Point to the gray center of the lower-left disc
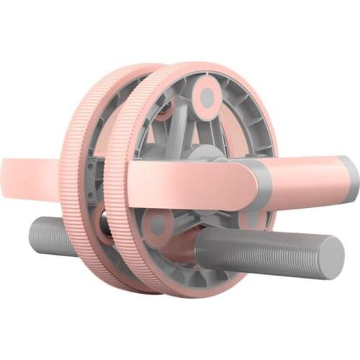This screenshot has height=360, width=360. tap(156, 225)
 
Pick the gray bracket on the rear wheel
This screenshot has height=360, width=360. tap(90, 180)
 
